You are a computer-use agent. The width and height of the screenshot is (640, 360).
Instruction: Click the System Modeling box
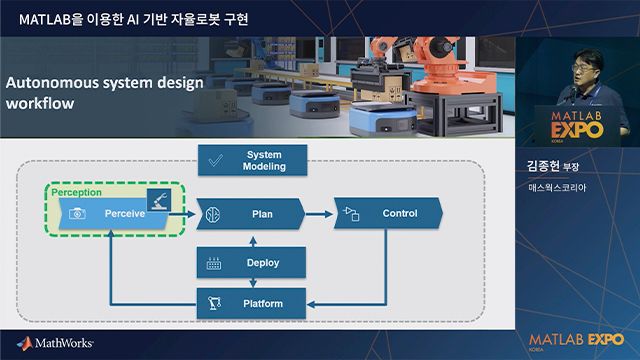[252, 160]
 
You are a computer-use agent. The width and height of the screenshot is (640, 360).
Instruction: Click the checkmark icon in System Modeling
[213, 160]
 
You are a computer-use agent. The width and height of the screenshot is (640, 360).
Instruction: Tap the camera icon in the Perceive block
[74, 214]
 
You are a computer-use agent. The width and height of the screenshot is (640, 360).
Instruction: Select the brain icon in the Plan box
[212, 214]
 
